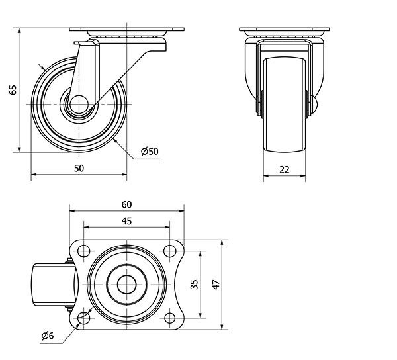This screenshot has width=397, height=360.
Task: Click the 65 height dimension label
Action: point(13,89)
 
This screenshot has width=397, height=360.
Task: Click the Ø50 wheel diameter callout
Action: point(150,151)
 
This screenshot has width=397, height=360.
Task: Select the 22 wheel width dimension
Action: point(285,169)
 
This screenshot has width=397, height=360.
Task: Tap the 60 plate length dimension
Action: point(126,204)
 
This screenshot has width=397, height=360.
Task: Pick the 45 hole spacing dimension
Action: point(126,221)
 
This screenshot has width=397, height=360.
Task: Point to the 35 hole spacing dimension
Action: point(194,285)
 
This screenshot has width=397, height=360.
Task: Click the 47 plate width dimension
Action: point(216,285)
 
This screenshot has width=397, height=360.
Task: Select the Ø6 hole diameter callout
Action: point(48,336)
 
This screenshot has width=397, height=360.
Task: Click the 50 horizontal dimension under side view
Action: point(79,168)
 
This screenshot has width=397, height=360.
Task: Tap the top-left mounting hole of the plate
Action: point(83,251)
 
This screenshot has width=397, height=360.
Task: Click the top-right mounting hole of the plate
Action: point(169,251)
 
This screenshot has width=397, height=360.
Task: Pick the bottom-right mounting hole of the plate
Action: point(169,318)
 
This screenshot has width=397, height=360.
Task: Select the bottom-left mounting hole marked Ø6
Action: point(83,318)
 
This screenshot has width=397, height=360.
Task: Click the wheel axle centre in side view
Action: point(79,105)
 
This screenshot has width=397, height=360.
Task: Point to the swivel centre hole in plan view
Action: point(126,285)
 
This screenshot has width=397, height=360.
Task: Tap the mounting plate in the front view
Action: point(285,29)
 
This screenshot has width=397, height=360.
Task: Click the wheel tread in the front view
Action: point(285,105)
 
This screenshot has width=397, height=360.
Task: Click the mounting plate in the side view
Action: point(126,29)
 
